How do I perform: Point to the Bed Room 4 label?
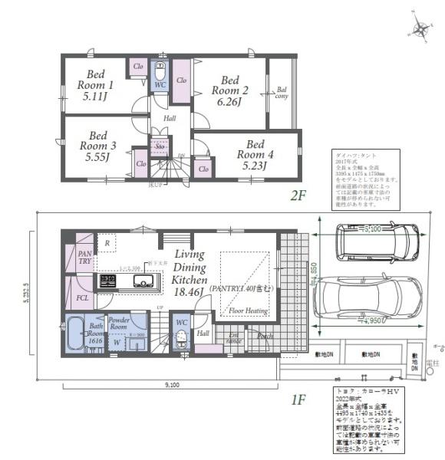pyautogui.click(x=255, y=154)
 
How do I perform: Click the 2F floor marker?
pyautogui.click(x=298, y=195)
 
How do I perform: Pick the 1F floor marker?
pyautogui.click(x=298, y=399)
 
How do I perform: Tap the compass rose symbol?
pyautogui.click(x=420, y=29)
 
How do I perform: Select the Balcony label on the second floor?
pyautogui.click(x=282, y=93)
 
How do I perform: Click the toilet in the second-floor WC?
pyautogui.click(x=160, y=74)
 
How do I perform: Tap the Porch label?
pyautogui.click(x=265, y=335)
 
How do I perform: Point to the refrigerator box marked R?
pyautogui.click(x=107, y=243)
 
